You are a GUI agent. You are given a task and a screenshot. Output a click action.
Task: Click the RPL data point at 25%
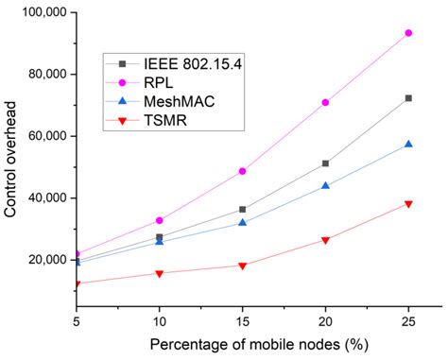tap(408, 33)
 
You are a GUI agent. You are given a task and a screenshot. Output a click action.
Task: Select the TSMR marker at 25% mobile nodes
tap(408, 204)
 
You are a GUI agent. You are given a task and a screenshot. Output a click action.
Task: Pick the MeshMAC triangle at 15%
tap(243, 223)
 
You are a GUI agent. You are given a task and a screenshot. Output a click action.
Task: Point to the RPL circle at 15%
tap(243, 171)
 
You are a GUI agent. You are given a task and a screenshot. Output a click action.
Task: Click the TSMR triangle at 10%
tap(160, 274)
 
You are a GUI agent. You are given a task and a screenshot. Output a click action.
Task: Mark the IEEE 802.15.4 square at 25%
tap(408, 98)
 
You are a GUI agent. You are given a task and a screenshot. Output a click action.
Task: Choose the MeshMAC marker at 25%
tap(408, 144)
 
